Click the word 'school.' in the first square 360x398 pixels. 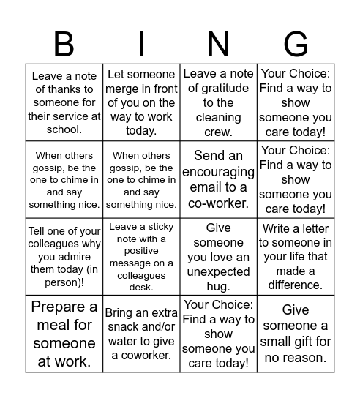pyautogui.click(x=64, y=130)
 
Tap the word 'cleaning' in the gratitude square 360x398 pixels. pyautogui.click(x=218, y=117)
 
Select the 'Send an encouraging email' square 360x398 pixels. pyautogui.click(x=218, y=180)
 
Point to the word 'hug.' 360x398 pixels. pyautogui.click(x=218, y=286)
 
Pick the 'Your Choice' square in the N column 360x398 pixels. pyautogui.click(x=218, y=334)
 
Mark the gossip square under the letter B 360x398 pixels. pyautogui.click(x=64, y=180)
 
